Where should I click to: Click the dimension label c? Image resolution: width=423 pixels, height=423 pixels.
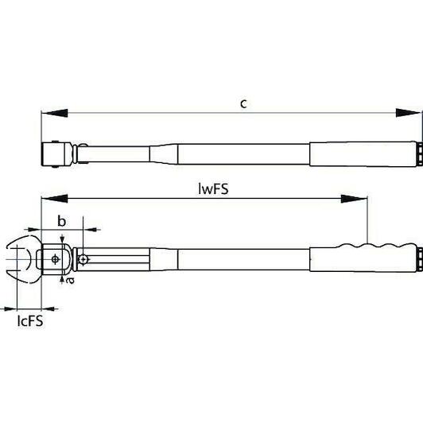click(x=243, y=103)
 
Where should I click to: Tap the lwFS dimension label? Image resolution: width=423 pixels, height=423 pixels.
click(x=213, y=188)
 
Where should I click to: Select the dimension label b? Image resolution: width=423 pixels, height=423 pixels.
click(x=62, y=221)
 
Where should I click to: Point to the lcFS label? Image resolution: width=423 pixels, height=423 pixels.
click(x=30, y=321)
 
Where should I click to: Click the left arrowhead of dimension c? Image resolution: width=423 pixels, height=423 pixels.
click(x=54, y=113)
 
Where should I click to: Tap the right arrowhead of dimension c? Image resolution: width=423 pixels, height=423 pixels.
click(x=409, y=113)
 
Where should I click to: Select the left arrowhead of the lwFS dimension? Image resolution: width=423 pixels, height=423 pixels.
click(x=54, y=199)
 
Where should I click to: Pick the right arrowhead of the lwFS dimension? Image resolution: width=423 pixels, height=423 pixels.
click(x=354, y=199)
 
